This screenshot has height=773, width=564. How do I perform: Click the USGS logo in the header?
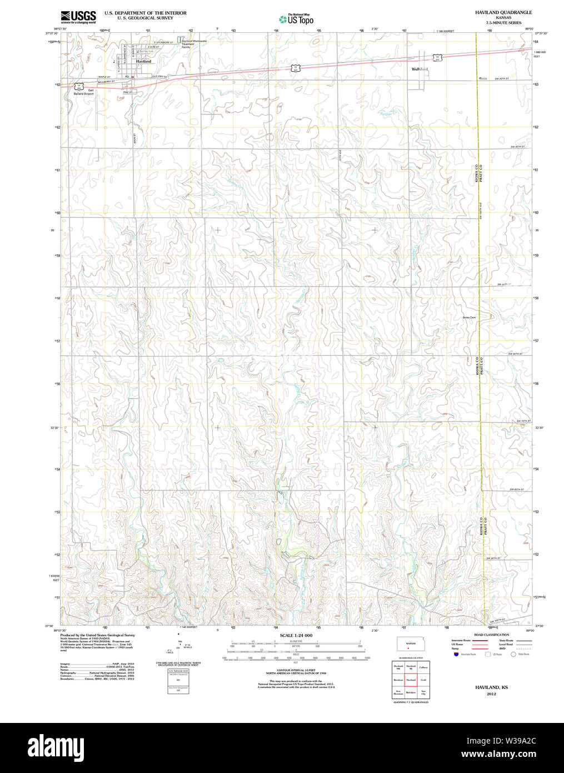click(78, 16)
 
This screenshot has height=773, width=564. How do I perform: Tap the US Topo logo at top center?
click(296, 19)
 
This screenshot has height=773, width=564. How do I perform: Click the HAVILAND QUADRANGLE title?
click(503, 12)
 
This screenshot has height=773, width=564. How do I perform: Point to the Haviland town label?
click(143, 62)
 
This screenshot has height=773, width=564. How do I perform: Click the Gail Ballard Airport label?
click(84, 92)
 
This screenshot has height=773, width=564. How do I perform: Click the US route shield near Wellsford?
click(437, 57)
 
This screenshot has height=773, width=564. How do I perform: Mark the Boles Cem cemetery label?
click(469, 318)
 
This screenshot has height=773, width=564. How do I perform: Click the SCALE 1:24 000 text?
click(296, 636)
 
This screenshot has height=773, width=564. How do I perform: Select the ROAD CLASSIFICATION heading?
click(491, 635)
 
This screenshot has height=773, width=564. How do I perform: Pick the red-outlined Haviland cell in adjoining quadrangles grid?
click(411, 680)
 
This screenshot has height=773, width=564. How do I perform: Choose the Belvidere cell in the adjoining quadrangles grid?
click(411, 693)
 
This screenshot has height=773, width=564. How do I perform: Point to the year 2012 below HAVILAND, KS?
click(491, 694)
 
